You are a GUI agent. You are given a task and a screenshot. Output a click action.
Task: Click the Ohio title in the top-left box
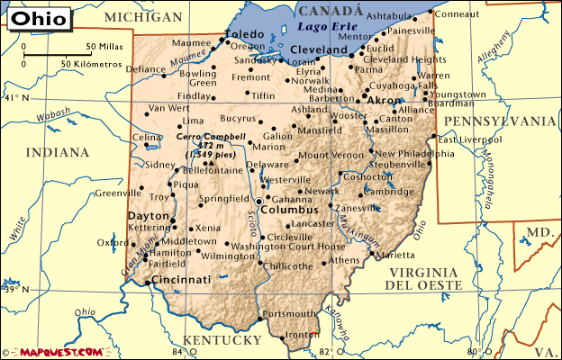[x=33, y=19]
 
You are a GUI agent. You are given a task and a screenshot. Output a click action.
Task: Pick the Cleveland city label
[x=319, y=49]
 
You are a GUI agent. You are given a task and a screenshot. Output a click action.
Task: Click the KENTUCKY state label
[x=221, y=339]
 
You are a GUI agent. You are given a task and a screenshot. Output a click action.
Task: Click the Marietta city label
[x=395, y=256]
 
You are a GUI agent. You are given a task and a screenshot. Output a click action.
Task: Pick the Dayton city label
[x=148, y=216]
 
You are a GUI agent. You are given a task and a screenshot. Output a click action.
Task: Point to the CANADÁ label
[x=331, y=11]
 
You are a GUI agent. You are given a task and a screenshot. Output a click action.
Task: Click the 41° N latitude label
[x=12, y=98]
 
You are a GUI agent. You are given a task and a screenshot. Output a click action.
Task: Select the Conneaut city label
[x=458, y=13]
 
